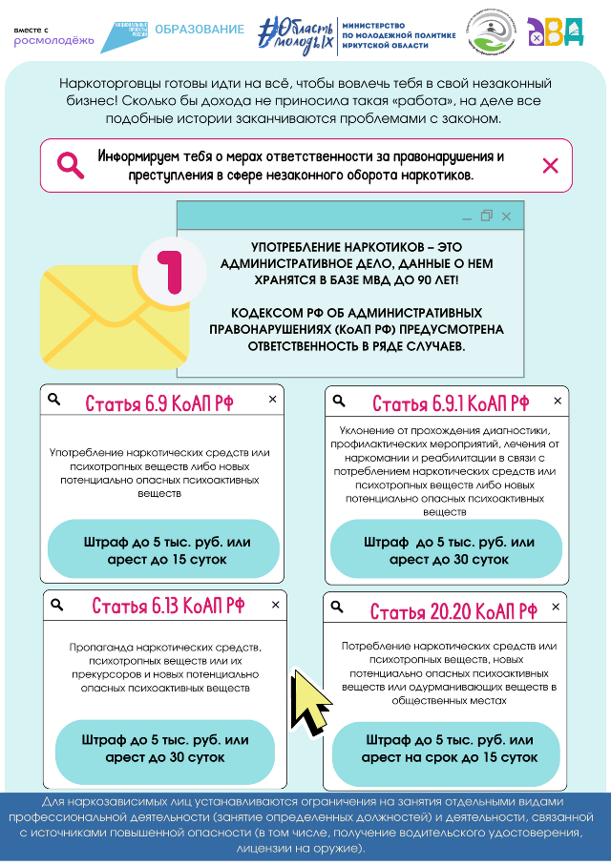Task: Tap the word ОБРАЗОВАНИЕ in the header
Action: (199, 30)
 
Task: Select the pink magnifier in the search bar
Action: (71, 165)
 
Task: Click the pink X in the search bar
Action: (550, 165)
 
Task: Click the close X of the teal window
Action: (506, 216)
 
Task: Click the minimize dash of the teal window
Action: (466, 217)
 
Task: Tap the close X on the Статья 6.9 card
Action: (272, 400)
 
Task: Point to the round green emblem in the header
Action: (490, 35)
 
